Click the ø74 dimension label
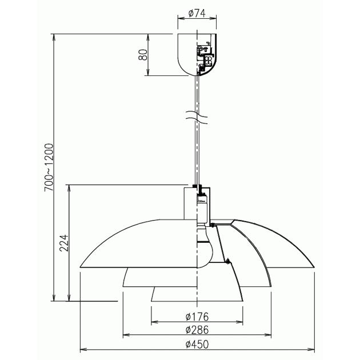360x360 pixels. pos(197,11)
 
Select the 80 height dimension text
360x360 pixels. pos(143,55)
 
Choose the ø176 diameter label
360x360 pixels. pos(197,317)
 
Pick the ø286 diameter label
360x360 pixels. pos(197,330)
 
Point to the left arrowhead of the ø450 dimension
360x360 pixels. pos(82,349)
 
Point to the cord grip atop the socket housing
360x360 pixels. pos(196,186)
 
